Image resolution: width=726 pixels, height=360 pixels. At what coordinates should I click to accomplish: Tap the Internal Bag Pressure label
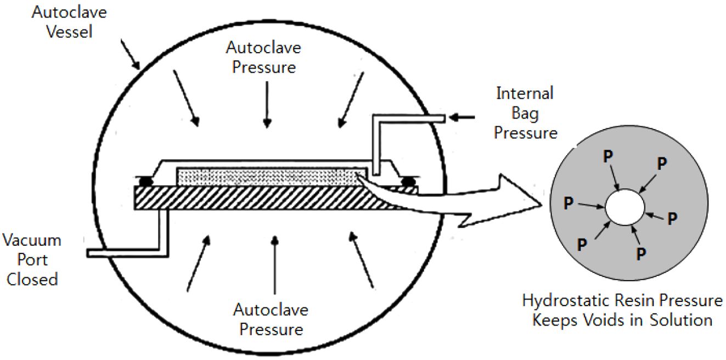(525, 113)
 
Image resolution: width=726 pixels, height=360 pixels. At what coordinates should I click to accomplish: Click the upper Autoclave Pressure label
(263, 57)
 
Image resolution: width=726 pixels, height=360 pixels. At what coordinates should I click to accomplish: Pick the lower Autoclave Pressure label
(271, 319)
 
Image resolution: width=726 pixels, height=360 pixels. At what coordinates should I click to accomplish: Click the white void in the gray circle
(626, 207)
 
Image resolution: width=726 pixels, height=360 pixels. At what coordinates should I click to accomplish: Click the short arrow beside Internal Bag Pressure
(460, 117)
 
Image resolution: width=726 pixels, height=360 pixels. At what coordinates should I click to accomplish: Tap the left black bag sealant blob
(145, 180)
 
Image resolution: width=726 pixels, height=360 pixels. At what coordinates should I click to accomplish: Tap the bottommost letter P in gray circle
(640, 254)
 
